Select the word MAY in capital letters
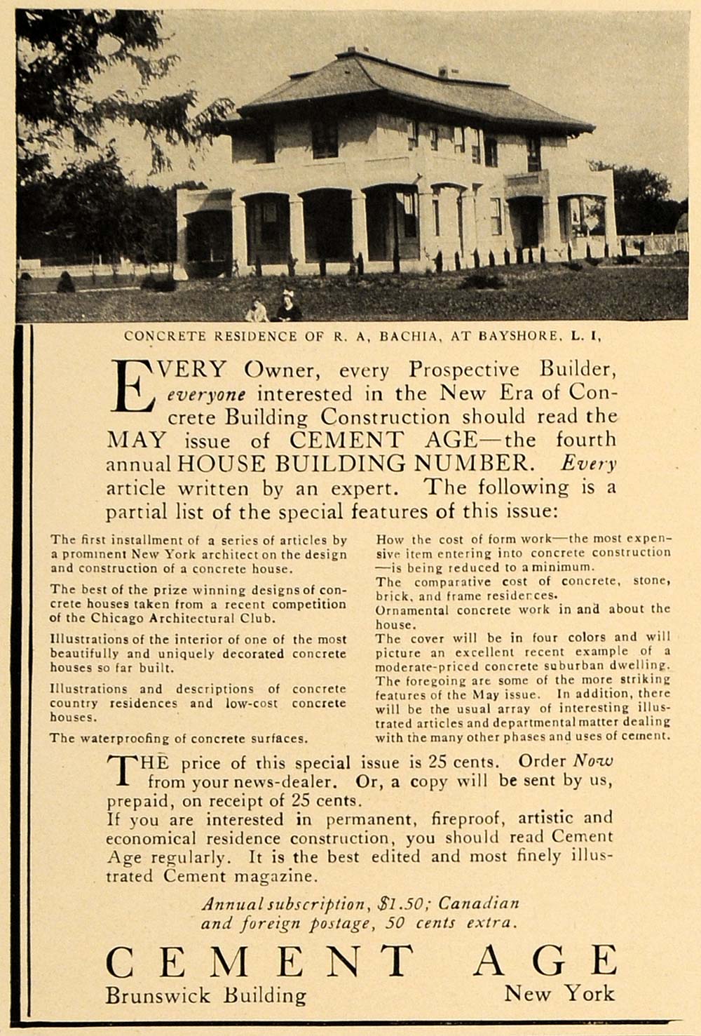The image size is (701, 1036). point(136,440)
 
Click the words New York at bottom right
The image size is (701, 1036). point(559,993)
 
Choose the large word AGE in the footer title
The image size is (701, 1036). point(545,962)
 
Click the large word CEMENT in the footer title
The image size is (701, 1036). point(259,962)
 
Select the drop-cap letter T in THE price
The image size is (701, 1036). point(124,769)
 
